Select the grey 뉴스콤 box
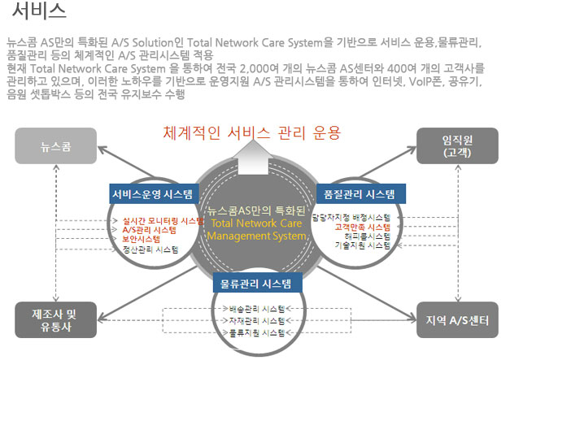(55, 146)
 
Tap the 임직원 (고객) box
(457, 146)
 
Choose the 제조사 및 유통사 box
(55, 320)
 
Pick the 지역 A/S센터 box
(457, 320)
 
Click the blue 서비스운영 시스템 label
(154, 194)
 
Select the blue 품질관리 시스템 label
(360, 194)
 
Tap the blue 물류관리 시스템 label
(257, 283)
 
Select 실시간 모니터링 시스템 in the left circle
(162, 220)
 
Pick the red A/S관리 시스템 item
(149, 230)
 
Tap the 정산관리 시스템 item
(150, 249)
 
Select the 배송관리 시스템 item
(257, 310)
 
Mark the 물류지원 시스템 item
(257, 332)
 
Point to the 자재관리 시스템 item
(257, 321)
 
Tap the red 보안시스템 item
(142, 240)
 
